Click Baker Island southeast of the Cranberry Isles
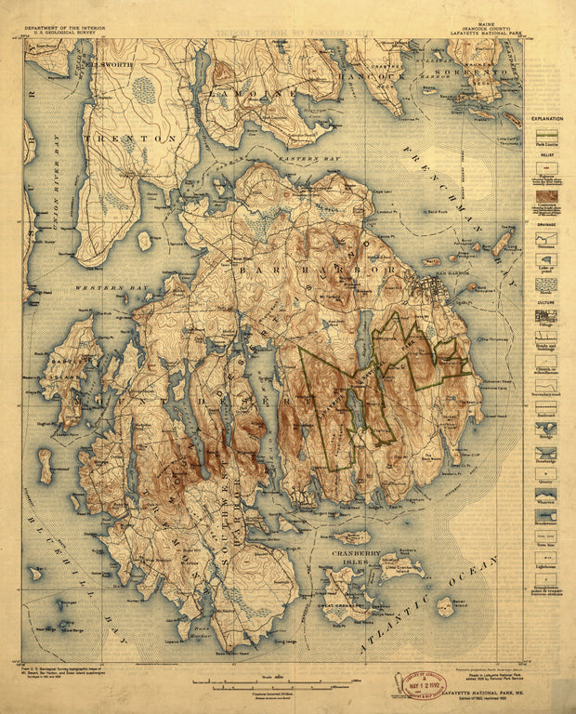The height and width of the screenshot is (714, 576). tap(445, 606)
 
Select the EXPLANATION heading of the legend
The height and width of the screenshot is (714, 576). tap(546, 121)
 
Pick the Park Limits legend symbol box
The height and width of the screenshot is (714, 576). tap(546, 141)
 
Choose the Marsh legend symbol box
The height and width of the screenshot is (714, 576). tap(546, 284)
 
